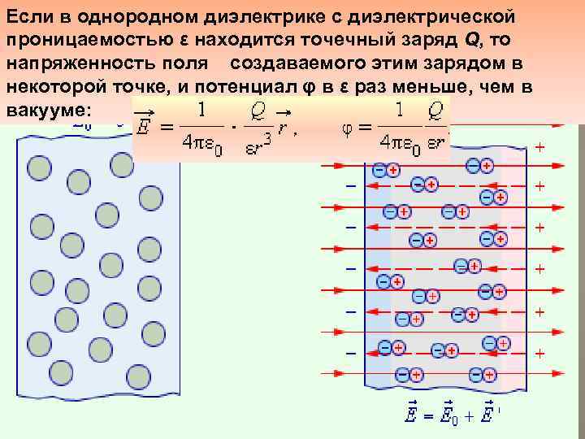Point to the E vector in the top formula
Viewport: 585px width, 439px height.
tap(145, 126)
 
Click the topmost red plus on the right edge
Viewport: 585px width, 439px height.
tap(539, 147)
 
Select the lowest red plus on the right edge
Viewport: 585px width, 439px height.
tap(539, 354)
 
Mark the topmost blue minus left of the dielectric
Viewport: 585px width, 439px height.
tap(352, 185)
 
